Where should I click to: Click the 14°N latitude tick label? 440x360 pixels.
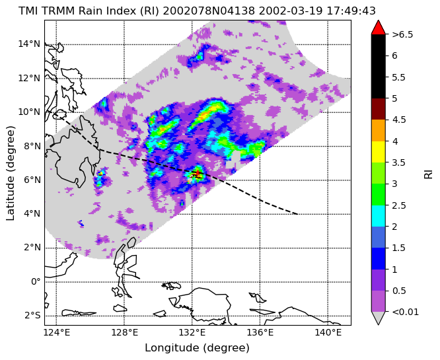pos(29,44)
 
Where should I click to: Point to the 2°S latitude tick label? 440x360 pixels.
pos(32,316)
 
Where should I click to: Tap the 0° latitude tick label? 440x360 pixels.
pos(36,281)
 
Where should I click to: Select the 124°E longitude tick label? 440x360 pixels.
pos(56,333)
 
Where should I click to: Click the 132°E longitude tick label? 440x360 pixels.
pos(192,333)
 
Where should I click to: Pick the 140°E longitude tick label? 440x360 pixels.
pos(328,333)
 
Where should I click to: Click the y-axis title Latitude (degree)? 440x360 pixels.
pos(10,173)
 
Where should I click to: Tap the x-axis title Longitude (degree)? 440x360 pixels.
pos(197,348)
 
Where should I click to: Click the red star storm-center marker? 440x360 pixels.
pos(198,173)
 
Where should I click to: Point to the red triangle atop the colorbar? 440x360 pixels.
pos(379,28)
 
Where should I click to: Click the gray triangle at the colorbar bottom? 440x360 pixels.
pos(379,318)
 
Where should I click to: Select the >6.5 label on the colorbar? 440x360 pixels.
pos(403,34)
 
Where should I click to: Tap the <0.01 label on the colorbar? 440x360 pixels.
pos(405,312)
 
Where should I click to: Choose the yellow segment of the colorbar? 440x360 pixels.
pos(379,152)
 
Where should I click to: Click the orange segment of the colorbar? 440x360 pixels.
pos(379,131)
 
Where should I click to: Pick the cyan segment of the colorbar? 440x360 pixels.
pos(379,216)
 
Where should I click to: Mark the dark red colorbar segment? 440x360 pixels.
pos(379,109)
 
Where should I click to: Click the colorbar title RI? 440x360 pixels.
pos(428,173)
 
